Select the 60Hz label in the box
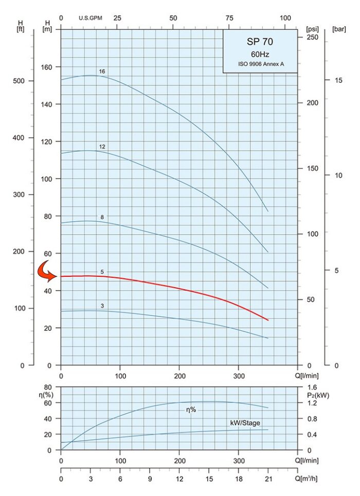click(260, 54)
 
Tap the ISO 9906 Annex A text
click(260, 64)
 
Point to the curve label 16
click(102, 71)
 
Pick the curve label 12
click(102, 147)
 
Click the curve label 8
click(102, 217)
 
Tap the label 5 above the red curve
click(102, 272)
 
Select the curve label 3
click(102, 306)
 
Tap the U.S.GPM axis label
click(91, 18)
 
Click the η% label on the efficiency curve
click(191, 410)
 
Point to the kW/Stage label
click(245, 423)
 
